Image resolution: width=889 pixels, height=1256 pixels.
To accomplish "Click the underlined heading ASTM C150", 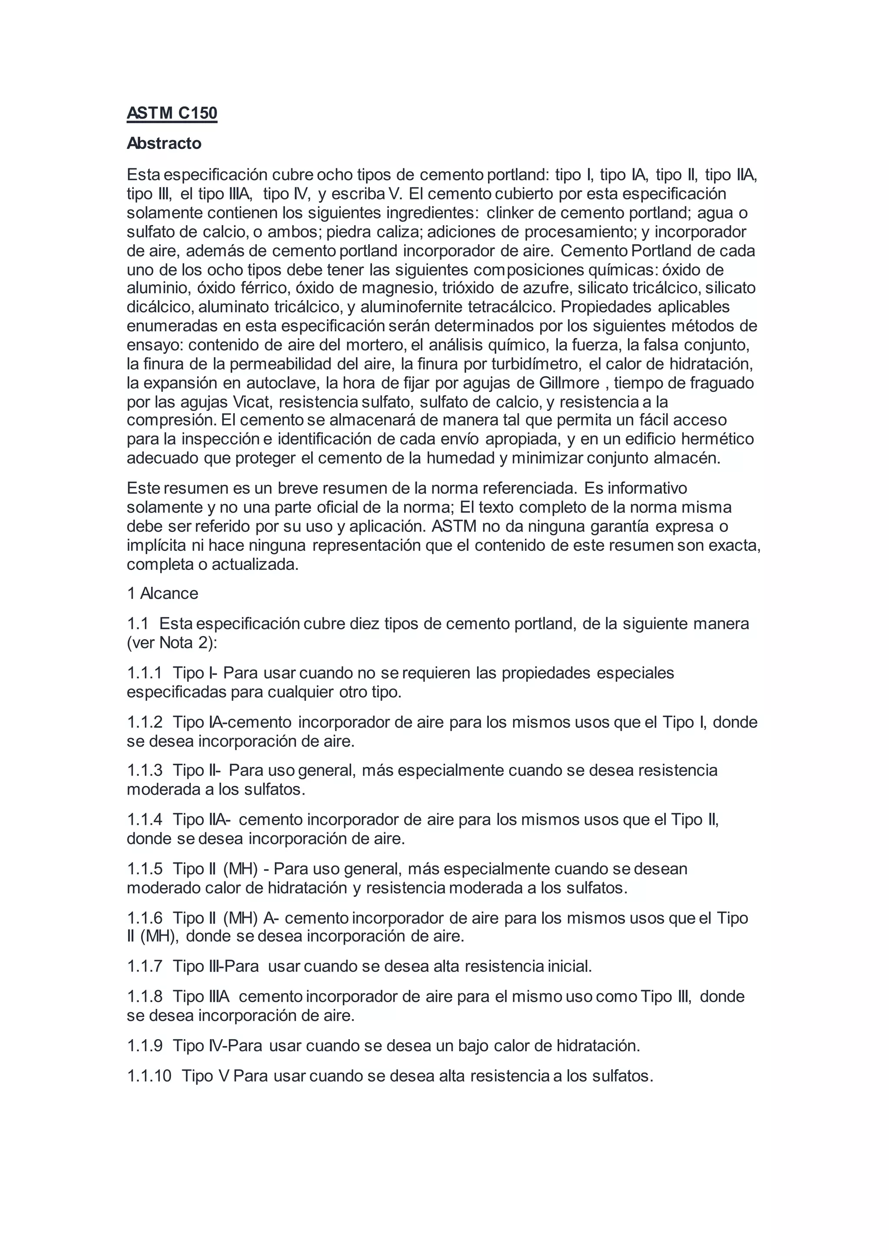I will [172, 113].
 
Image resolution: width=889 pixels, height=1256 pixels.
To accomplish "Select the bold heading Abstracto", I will [164, 143].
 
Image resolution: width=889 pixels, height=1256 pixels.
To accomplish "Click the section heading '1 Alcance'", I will [163, 594].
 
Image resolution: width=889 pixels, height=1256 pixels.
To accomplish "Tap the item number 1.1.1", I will [145, 673].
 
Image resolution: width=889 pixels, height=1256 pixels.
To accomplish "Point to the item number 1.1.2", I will [145, 722].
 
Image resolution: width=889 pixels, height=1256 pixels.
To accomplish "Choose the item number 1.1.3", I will [145, 770].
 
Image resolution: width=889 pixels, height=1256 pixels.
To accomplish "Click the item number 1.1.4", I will [145, 819].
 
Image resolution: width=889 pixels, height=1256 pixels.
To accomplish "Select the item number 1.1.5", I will [145, 869].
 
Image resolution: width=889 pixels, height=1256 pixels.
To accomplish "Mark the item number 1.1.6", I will [145, 918].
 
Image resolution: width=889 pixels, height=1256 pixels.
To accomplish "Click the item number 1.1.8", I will [145, 997].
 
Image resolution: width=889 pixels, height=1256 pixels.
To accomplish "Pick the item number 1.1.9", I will [145, 1046].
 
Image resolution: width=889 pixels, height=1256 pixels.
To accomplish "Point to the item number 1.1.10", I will [149, 1076].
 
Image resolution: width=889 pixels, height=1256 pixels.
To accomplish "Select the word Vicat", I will [252, 402].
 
